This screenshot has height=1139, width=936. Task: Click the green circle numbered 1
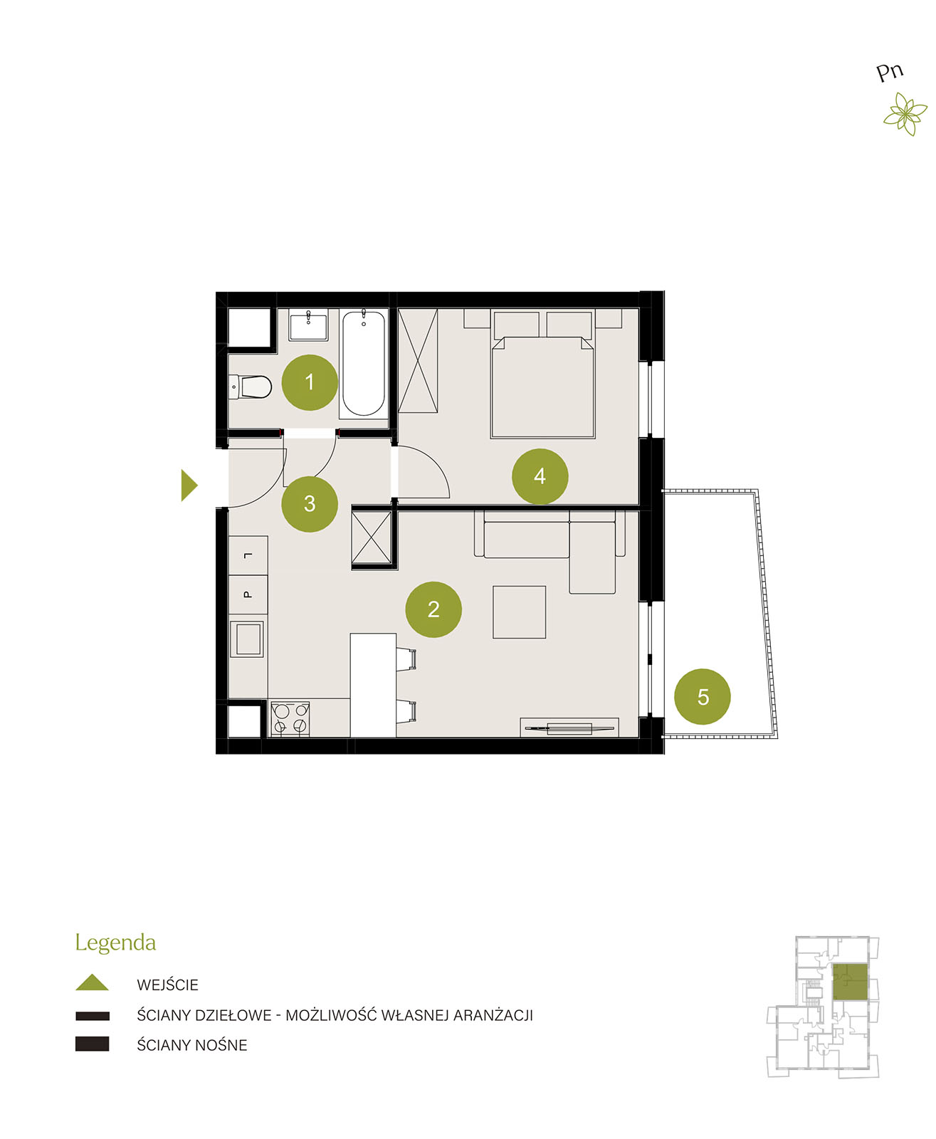310,382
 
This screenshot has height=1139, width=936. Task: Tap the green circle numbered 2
433,609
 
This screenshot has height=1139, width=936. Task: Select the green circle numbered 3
310,504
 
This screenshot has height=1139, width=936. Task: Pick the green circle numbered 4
540,476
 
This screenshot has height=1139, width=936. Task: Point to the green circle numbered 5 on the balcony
702,697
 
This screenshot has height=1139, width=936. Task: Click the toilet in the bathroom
250,387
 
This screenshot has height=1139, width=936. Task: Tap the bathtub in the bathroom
364,364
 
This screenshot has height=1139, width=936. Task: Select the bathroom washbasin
308,325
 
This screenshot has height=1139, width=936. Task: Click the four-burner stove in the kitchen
290,718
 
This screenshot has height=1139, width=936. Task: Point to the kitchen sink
248,639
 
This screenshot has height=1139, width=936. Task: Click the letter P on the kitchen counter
248,594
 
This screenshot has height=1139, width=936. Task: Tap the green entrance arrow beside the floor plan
189,485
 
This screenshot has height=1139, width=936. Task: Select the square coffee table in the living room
519,612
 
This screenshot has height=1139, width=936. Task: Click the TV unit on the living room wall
569,728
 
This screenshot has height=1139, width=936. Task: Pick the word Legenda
115,943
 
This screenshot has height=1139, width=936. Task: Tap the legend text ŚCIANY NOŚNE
191,1045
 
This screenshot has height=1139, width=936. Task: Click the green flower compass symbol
905,114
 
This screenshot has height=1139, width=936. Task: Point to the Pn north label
889,72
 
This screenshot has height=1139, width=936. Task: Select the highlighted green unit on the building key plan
850,982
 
